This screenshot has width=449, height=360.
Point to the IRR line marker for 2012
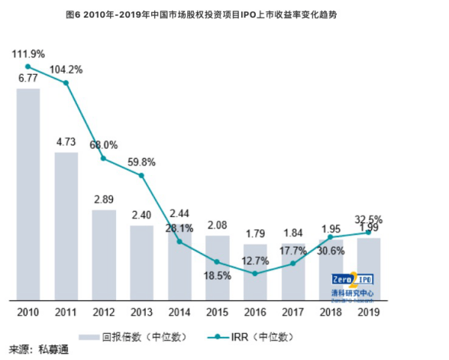coord(104,159)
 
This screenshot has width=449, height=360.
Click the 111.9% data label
coord(28,54)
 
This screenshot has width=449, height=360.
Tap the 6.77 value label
coord(28,78)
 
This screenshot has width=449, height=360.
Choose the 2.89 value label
coord(104,199)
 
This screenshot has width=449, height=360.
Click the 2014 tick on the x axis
coord(179,313)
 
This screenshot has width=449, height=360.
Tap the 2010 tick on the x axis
coord(28,313)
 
